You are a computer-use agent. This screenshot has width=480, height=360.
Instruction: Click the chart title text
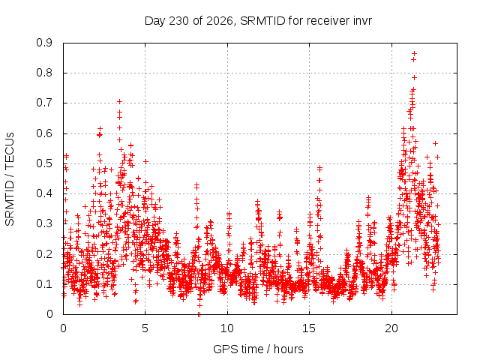coord(258,21)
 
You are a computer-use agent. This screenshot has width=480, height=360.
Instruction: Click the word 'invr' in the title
coord(361,21)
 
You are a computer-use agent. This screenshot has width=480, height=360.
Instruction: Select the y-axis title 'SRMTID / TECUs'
coord(10,179)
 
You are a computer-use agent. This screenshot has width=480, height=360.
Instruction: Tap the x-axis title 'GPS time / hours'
coord(258,349)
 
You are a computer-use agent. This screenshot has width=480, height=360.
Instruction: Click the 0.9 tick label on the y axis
coord(44,43)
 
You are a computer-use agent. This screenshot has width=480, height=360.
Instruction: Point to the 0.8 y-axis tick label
coord(44,73)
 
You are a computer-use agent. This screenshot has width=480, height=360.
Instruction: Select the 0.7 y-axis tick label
coord(44,103)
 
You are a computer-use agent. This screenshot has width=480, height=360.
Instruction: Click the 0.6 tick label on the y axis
coord(44,133)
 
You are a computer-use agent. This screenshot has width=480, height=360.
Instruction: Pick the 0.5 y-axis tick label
coord(44,163)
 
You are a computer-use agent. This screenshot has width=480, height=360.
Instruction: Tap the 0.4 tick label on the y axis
coord(44,193)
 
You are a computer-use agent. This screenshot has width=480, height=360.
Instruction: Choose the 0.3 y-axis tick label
coord(44,223)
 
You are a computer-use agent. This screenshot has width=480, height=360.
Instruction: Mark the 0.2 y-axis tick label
coord(44,253)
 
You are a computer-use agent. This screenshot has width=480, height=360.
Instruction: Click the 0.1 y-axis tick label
coord(44,283)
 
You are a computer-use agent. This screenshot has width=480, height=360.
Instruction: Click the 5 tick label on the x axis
coord(145,328)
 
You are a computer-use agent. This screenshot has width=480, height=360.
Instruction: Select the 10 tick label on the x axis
coord(227,328)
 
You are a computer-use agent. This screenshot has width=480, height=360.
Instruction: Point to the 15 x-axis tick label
coord(309,328)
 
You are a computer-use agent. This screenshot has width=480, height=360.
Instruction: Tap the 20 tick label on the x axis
coord(391,328)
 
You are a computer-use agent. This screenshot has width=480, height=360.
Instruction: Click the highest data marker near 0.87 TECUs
coord(414,53)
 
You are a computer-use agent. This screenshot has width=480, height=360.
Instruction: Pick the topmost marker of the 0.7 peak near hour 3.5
coord(120,101)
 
